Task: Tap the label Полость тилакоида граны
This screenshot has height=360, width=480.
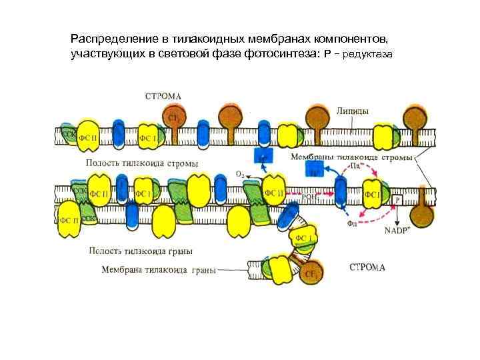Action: point(141,251)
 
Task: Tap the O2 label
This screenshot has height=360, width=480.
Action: point(240,173)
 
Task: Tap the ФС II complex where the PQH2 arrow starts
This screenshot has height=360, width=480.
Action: point(275,193)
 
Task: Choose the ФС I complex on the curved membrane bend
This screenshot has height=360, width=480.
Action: point(303,239)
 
